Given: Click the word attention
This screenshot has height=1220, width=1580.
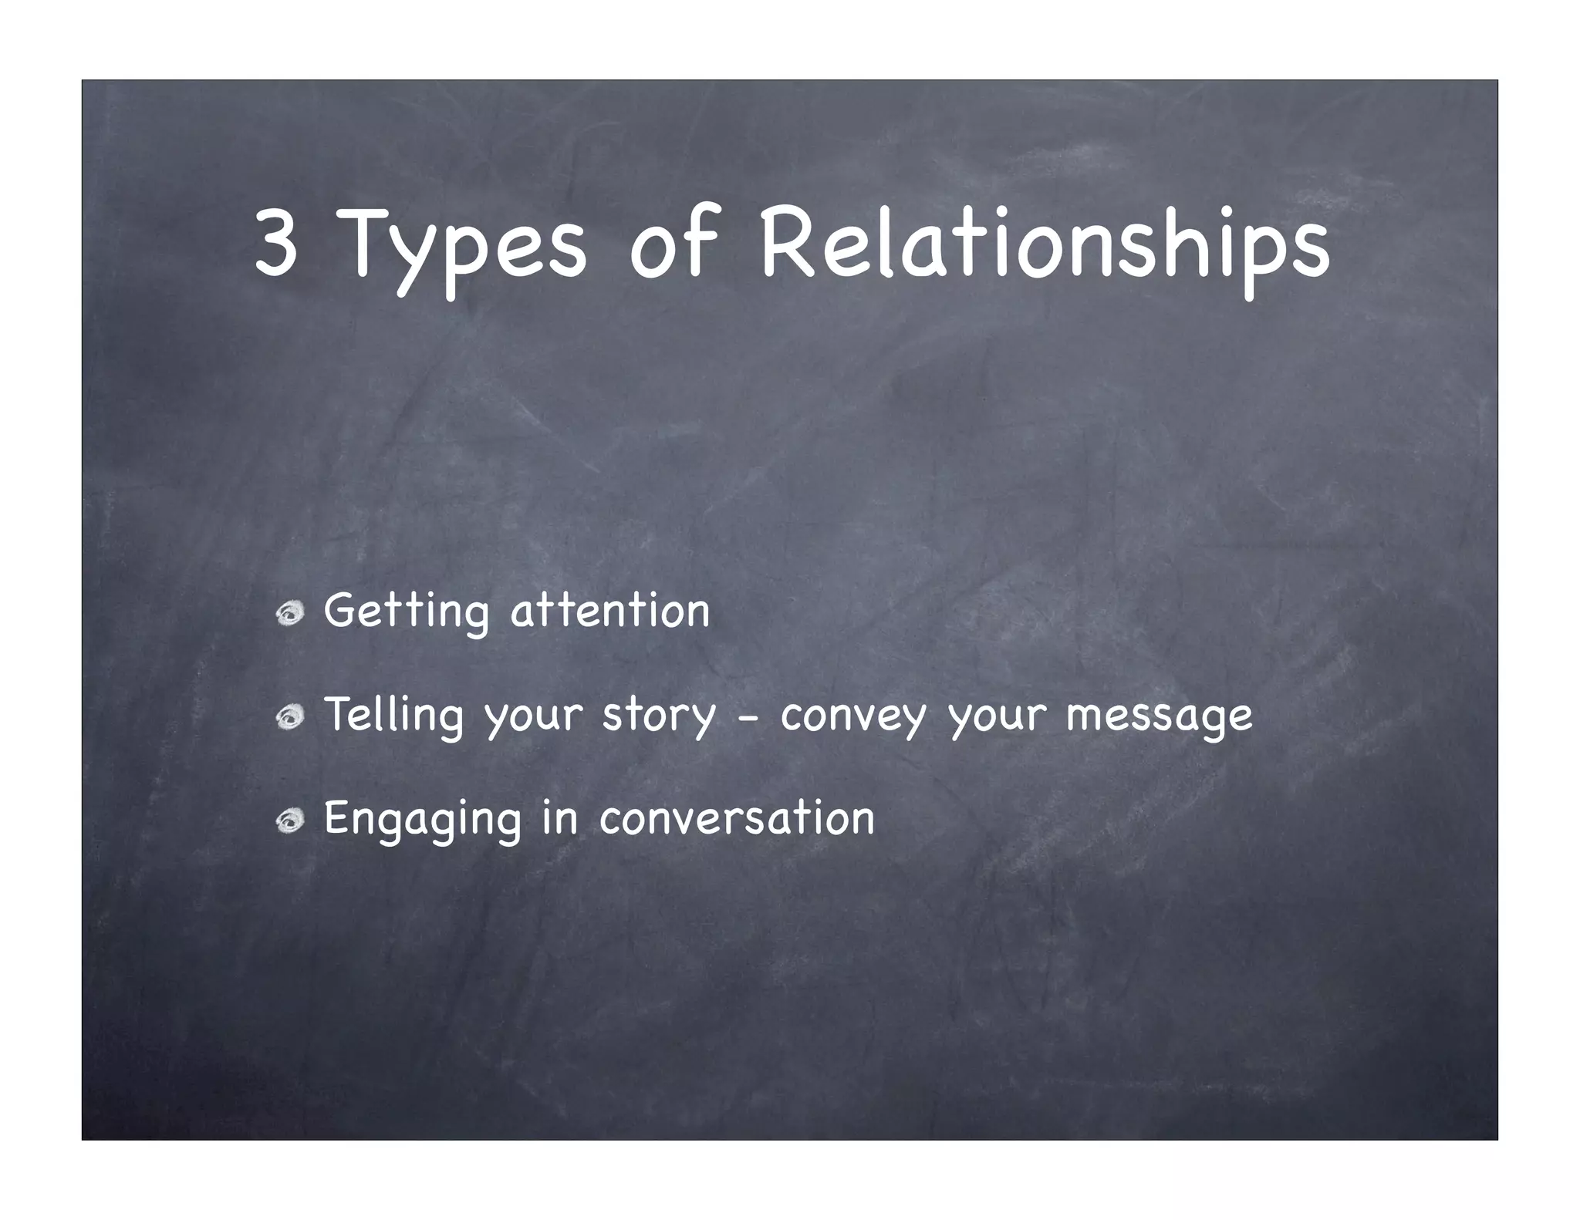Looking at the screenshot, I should [x=609, y=612].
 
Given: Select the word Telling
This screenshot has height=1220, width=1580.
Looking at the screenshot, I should [x=393, y=716].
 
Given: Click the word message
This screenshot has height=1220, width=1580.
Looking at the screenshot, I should [x=1159, y=717].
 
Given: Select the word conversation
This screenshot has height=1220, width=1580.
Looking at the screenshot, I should [x=737, y=818].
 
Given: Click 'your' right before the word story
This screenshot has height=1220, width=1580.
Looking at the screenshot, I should [x=533, y=719].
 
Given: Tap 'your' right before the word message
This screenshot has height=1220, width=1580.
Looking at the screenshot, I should [x=996, y=719].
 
